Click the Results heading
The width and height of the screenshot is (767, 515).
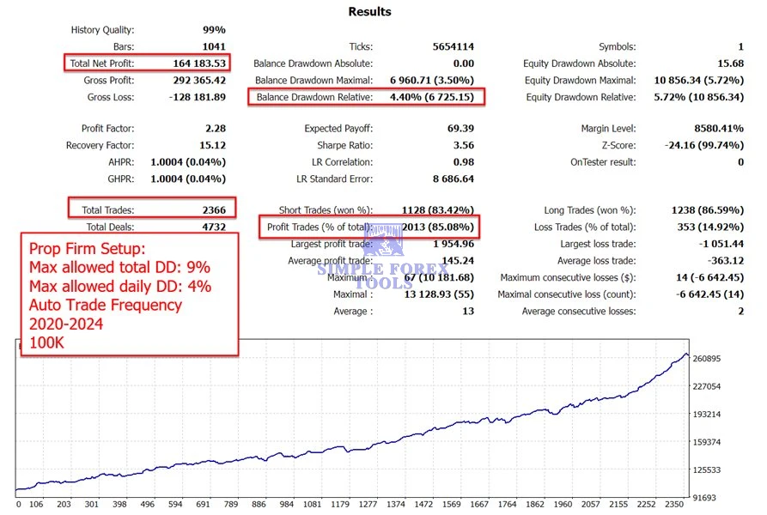(x=369, y=12)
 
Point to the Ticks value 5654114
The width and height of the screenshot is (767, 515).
(x=454, y=46)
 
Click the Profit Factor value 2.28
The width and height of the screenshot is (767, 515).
(x=213, y=129)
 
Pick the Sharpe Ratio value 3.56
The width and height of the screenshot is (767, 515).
(x=462, y=145)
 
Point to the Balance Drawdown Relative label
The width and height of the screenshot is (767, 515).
(x=314, y=97)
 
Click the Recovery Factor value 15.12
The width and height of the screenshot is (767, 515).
(x=210, y=145)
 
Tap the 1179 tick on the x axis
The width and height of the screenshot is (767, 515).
(x=339, y=505)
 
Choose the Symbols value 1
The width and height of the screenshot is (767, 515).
(x=740, y=46)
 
